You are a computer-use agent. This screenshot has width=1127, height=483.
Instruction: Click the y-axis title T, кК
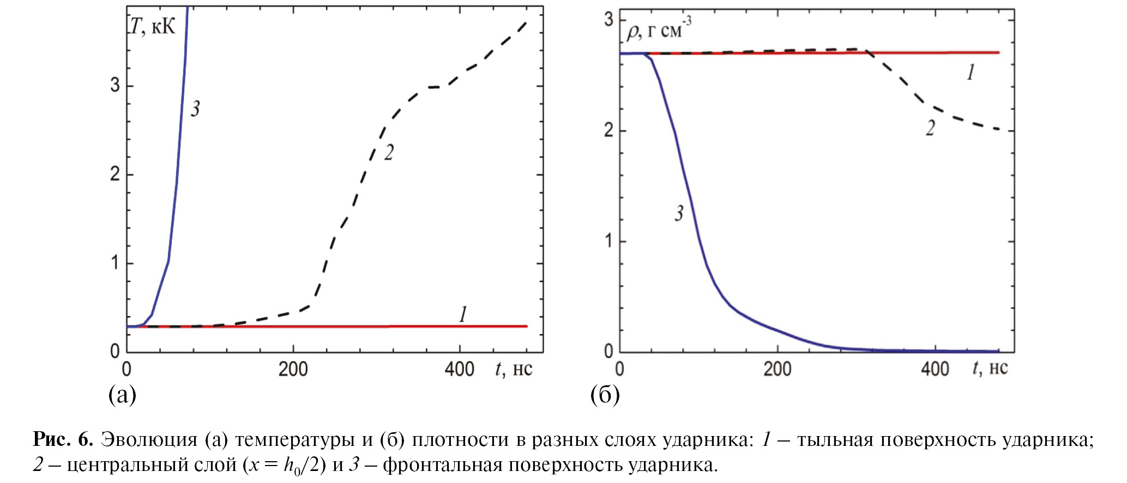pos(153,26)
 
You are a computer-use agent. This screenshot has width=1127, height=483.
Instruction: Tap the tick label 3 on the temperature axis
pos(115,85)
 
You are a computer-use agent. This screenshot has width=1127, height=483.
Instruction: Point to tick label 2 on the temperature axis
pos(115,174)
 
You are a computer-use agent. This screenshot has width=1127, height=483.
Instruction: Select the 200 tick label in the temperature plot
pos(293,369)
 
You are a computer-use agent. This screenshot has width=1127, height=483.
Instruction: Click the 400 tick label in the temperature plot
pos(459,369)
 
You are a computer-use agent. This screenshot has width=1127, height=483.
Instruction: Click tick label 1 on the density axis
pos(609,241)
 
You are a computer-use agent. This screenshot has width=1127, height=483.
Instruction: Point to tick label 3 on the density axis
pos(609,20)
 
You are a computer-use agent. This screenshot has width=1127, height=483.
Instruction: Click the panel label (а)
pos(122,394)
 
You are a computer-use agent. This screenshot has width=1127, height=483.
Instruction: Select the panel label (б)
pos(605,394)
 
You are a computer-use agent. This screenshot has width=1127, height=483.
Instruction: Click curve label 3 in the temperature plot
pos(195,109)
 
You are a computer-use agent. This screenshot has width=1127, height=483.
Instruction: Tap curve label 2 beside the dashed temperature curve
pos(389,153)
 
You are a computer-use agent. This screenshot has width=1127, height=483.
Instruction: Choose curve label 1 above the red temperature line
pos(463,314)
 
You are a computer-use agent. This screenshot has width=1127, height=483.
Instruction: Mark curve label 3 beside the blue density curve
pos(679,213)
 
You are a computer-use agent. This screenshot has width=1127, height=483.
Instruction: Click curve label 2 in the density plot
pos(930,128)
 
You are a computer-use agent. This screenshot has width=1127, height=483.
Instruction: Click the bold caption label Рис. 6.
pos(63,439)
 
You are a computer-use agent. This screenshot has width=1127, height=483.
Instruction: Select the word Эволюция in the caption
pos(149,439)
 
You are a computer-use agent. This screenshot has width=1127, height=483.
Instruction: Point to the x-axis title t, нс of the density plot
pos(990,368)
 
